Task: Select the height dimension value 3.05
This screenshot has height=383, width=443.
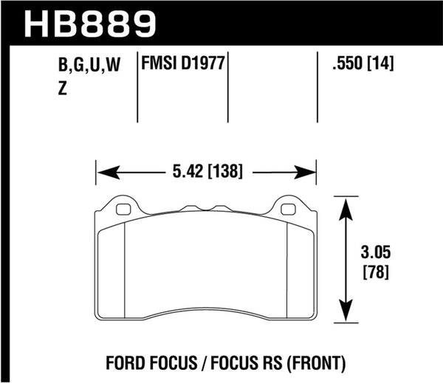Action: tap(377, 253)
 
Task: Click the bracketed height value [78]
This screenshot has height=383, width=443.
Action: tap(377, 271)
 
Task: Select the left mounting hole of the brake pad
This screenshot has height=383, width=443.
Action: tap(123, 209)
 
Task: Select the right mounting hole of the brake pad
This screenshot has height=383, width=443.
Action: tap(289, 209)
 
